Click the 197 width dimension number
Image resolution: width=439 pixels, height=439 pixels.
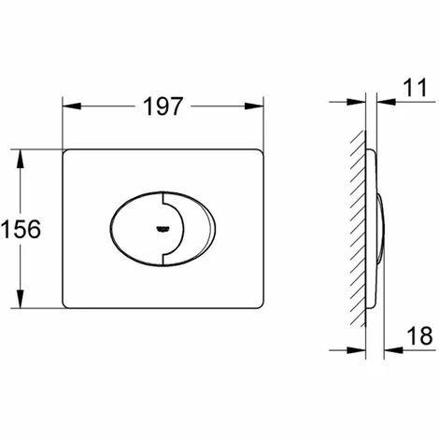click(163, 106)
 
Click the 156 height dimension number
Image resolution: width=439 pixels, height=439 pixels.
click(21, 229)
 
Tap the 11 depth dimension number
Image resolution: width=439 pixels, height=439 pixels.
click(416, 88)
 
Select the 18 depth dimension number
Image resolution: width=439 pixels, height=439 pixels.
click(419, 335)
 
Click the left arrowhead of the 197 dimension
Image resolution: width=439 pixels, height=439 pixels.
click(72, 106)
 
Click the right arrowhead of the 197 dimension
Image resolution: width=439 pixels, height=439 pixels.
click(254, 106)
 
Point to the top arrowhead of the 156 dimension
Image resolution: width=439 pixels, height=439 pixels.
click(21, 159)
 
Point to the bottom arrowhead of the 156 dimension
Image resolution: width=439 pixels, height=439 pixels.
click(21, 299)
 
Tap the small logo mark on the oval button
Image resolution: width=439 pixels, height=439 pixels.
click(162, 230)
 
